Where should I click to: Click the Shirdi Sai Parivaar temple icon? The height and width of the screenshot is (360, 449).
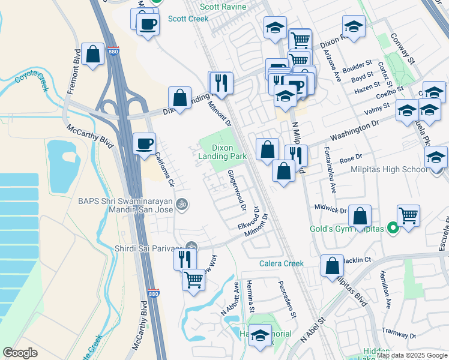coord(191,246)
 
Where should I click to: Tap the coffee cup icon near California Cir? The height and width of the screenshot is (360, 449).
coord(145,144)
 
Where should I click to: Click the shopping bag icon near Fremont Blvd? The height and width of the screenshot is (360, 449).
coord(93,55)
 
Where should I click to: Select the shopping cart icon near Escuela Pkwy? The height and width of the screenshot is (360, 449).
coord(408,215)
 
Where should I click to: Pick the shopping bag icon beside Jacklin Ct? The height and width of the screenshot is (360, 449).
coord(332,266)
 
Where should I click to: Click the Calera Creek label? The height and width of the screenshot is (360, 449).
coord(282,263)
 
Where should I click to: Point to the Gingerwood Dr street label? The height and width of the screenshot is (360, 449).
coord(238,190)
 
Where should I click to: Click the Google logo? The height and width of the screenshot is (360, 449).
coord(20,353)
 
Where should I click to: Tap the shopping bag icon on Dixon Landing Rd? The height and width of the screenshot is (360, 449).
coord(179,97)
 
